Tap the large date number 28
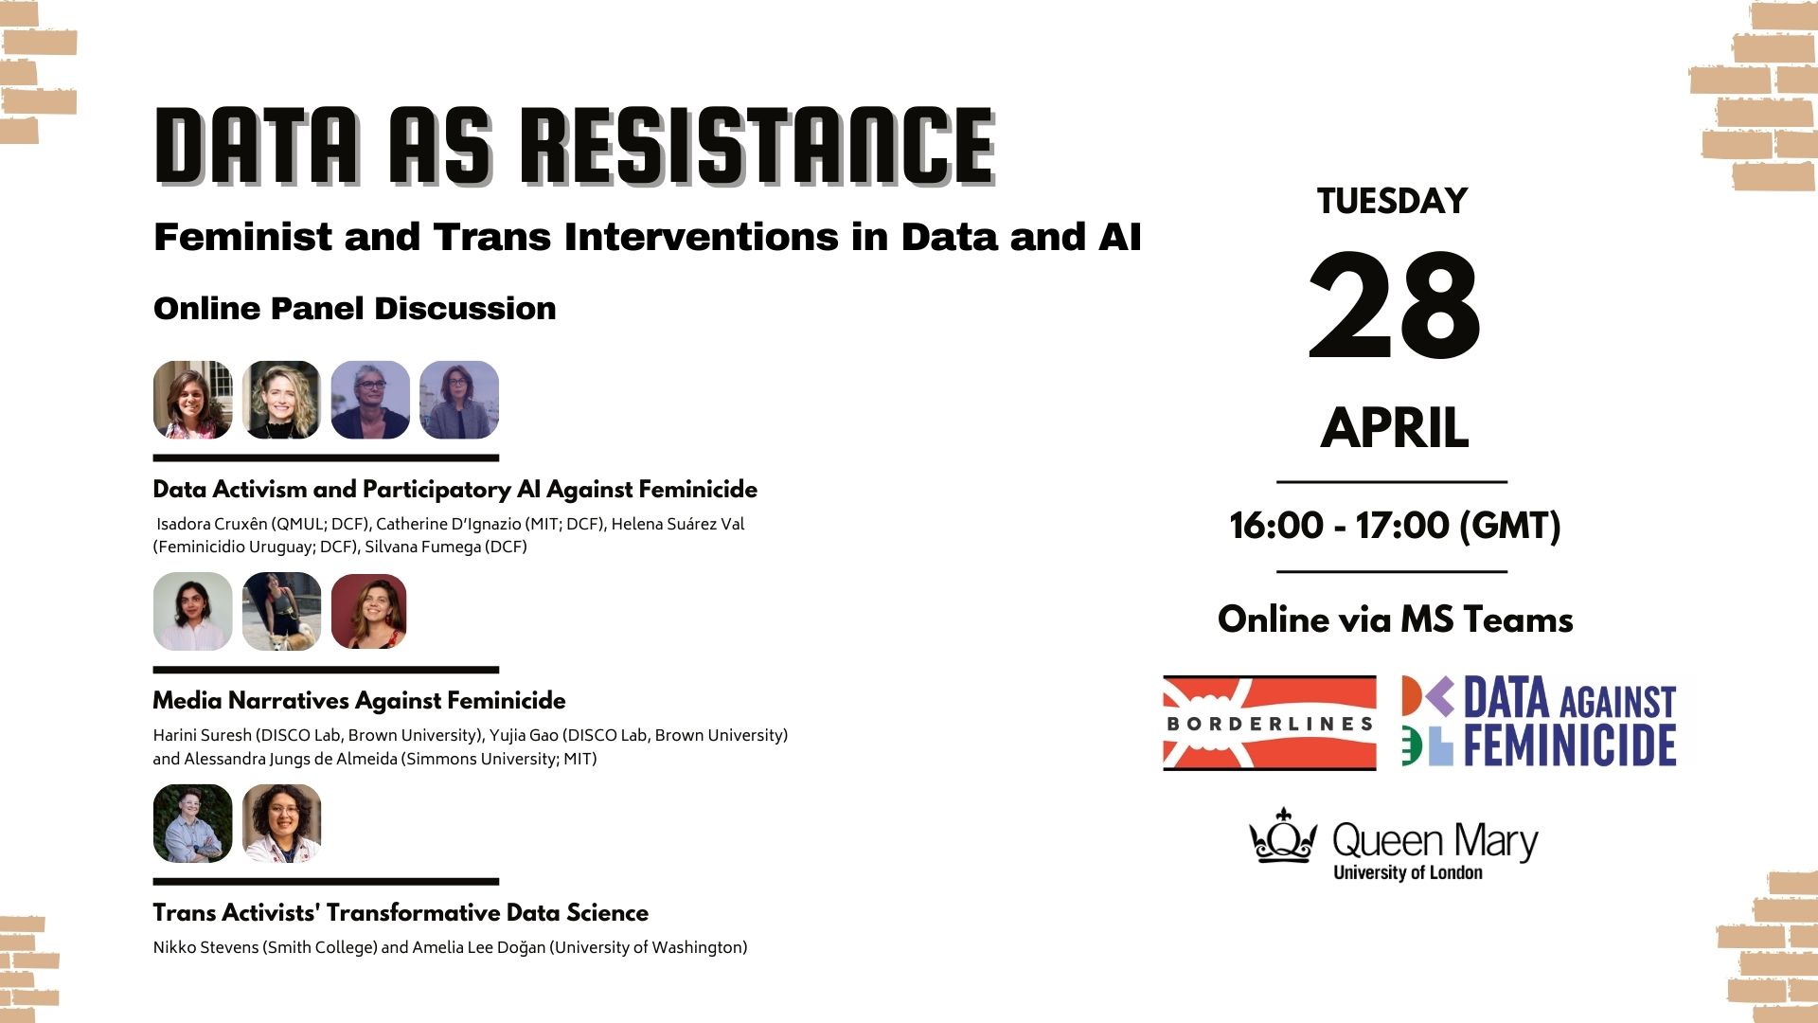pyautogui.click(x=1394, y=306)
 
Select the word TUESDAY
pyautogui.click(x=1392, y=201)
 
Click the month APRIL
pyautogui.click(x=1395, y=428)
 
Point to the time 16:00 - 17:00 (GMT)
pyautogui.click(x=1395, y=526)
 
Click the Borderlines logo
pyautogui.click(x=1269, y=723)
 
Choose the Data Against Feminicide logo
pyautogui.click(x=1540, y=721)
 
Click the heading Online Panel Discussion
pyautogui.click(x=354, y=309)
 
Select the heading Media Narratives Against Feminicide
pyautogui.click(x=359, y=701)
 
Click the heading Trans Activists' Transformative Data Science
pyautogui.click(x=401, y=913)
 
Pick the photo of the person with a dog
pyautogui.click(x=281, y=611)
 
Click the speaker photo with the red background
pyautogui.click(x=369, y=611)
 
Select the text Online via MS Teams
pyautogui.click(x=1395, y=619)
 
